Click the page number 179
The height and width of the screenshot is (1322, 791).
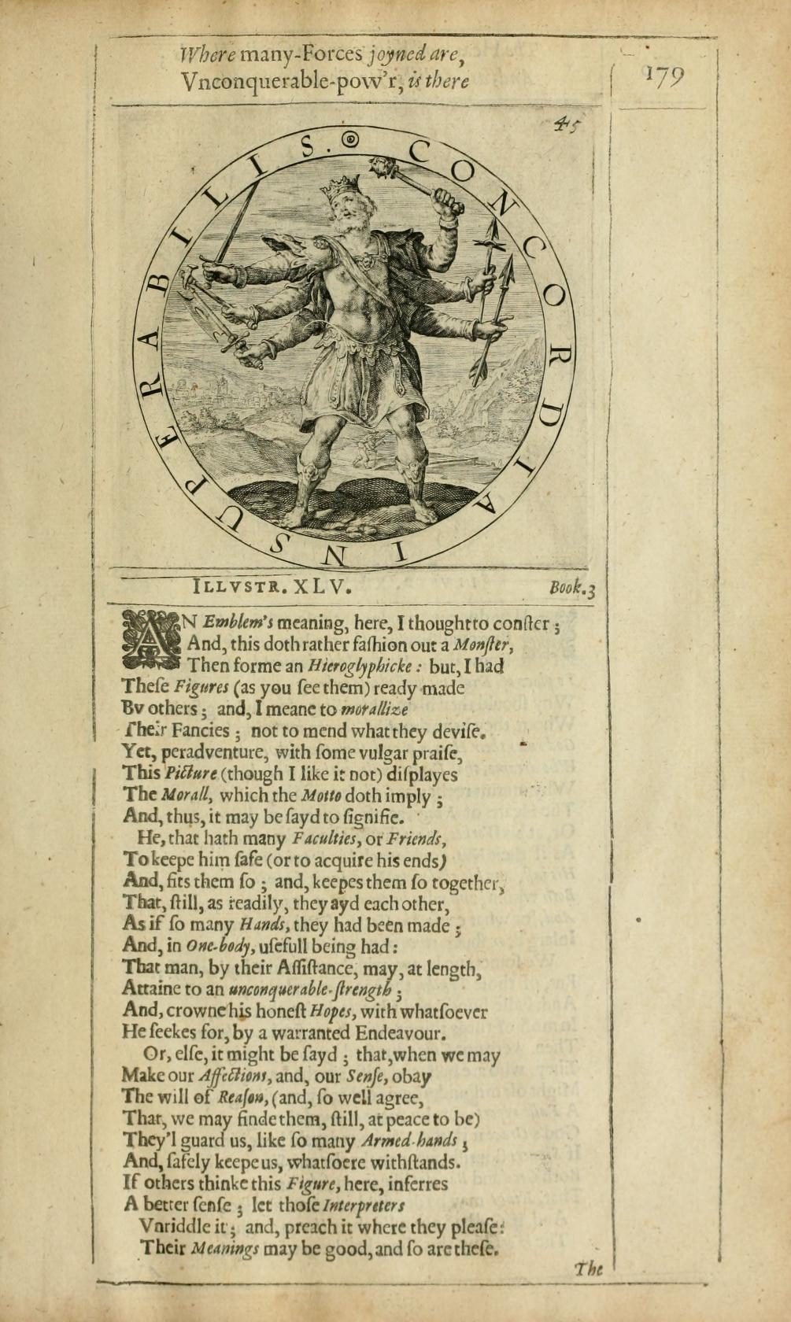664,77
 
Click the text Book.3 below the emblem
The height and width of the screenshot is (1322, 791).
572,587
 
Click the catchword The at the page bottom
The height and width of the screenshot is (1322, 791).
589,1268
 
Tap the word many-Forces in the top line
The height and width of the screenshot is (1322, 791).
300,55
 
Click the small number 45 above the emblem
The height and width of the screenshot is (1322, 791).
565,125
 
